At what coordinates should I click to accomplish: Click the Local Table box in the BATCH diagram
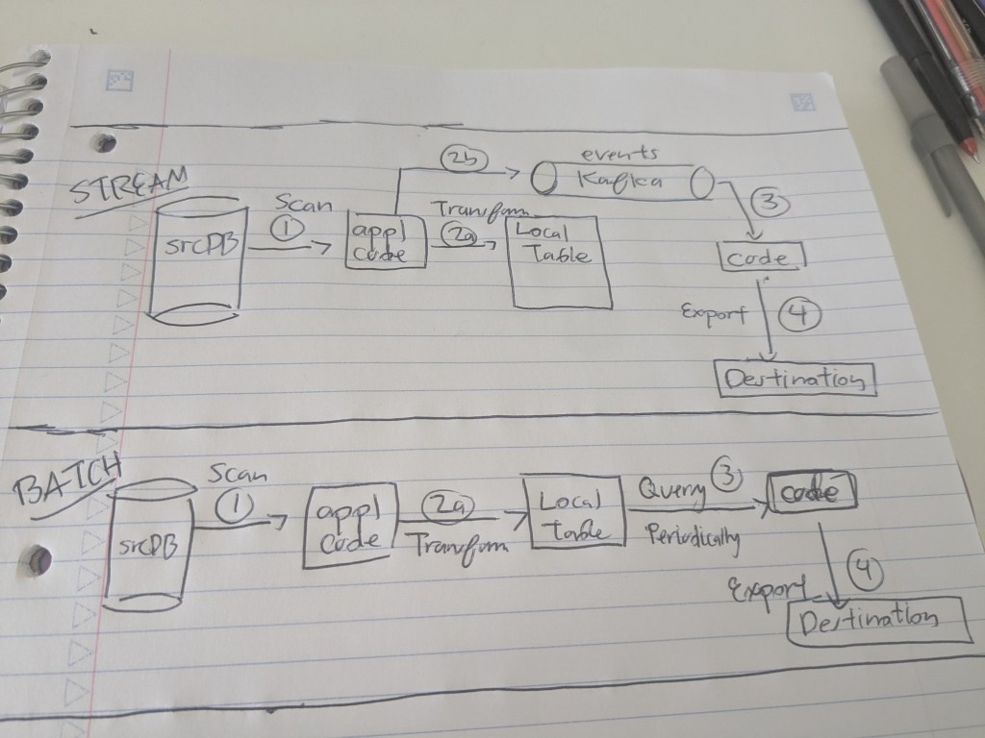pyautogui.click(x=574, y=514)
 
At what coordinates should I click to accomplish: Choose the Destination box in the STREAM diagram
pyautogui.click(x=797, y=378)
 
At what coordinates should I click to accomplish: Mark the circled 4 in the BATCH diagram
pyautogui.click(x=864, y=571)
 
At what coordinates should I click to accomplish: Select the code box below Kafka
pyautogui.click(x=761, y=257)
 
